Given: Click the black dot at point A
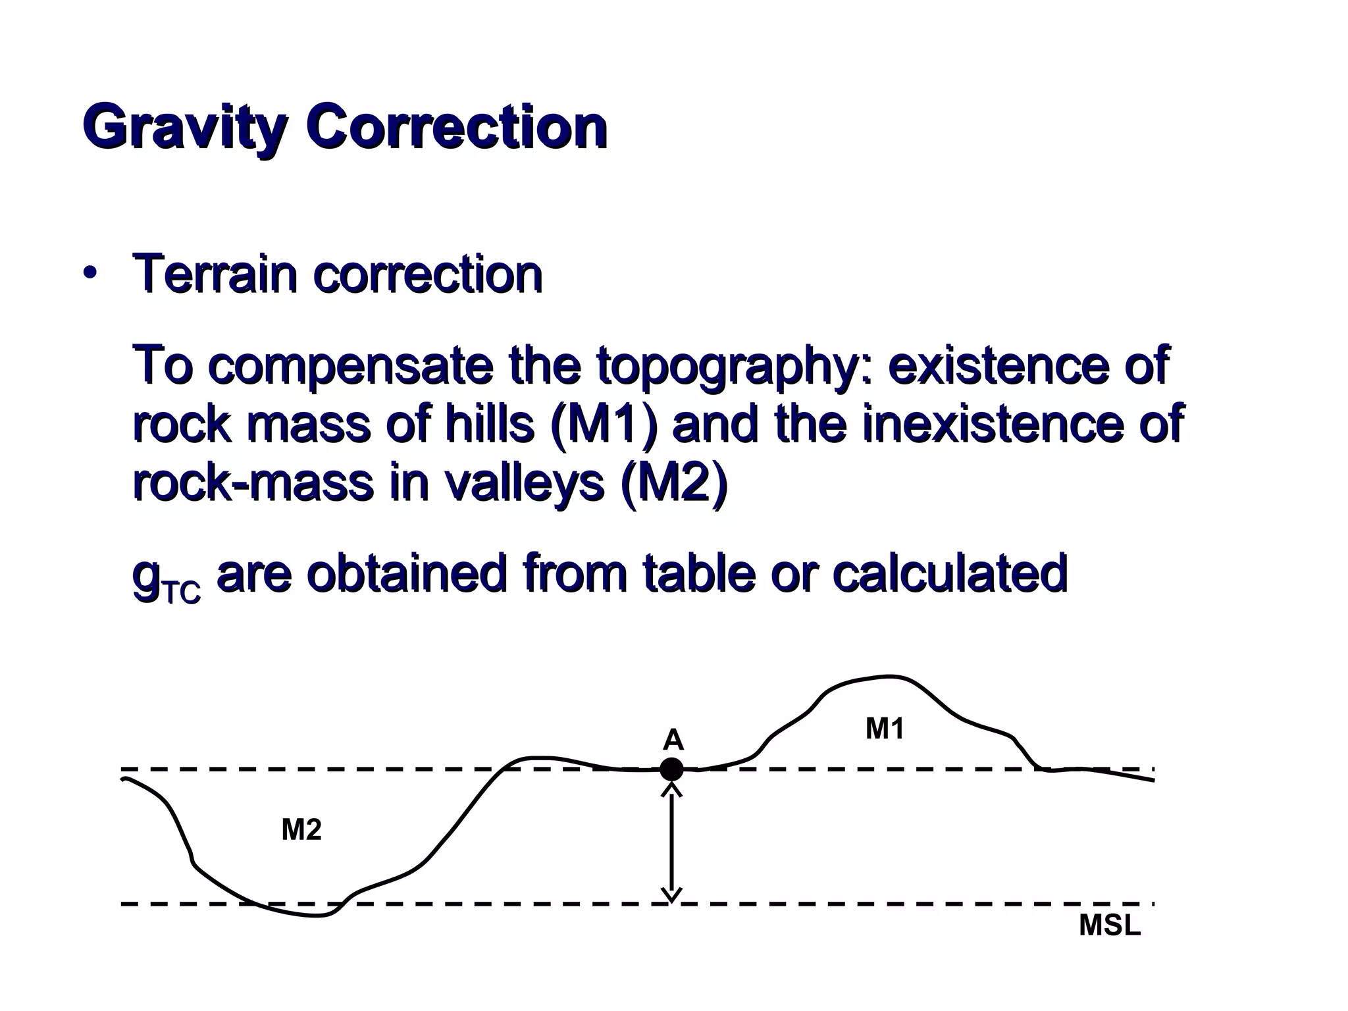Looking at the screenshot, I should tap(671, 769).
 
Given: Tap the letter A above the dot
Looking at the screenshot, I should tap(673, 740).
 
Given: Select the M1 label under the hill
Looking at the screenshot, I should tap(885, 729).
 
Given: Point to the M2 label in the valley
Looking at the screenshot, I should tap(301, 830).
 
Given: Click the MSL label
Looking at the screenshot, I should tap(1110, 926).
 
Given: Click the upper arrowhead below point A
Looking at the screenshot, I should tap(671, 789).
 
